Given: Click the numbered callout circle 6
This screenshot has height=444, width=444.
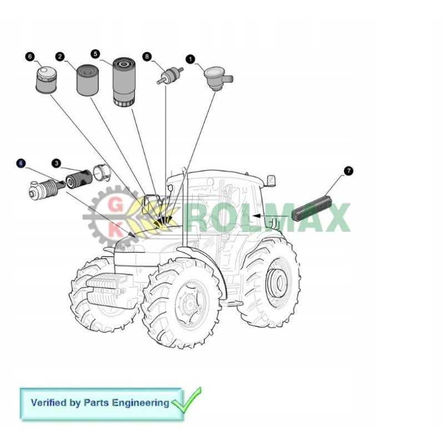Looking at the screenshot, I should click(30, 56).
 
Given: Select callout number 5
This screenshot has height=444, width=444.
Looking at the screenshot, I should click(95, 54).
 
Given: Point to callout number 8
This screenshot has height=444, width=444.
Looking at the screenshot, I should click(147, 57).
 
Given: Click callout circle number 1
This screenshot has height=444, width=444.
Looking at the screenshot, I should click(190, 58).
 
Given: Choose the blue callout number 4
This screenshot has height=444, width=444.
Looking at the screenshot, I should click(21, 163).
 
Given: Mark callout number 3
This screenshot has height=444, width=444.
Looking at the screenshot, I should click(56, 163).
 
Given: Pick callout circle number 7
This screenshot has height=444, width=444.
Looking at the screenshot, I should click(349, 171).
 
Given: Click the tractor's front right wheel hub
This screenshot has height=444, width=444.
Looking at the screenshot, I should click(188, 303).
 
